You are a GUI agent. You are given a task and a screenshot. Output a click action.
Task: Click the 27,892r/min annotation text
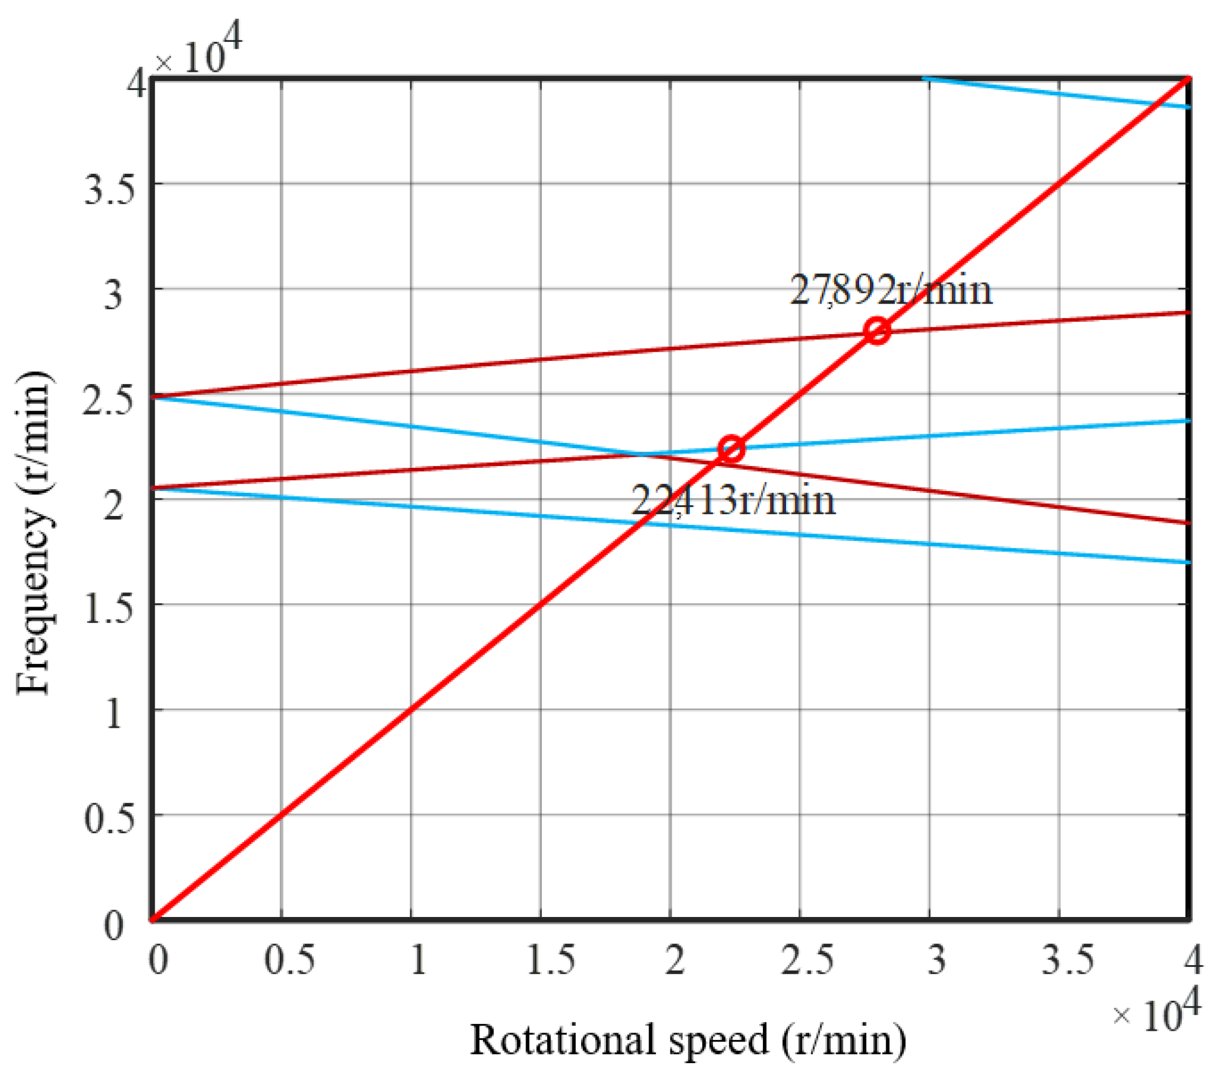click(891, 291)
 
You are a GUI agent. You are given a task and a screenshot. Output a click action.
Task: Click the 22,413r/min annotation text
click(733, 501)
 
